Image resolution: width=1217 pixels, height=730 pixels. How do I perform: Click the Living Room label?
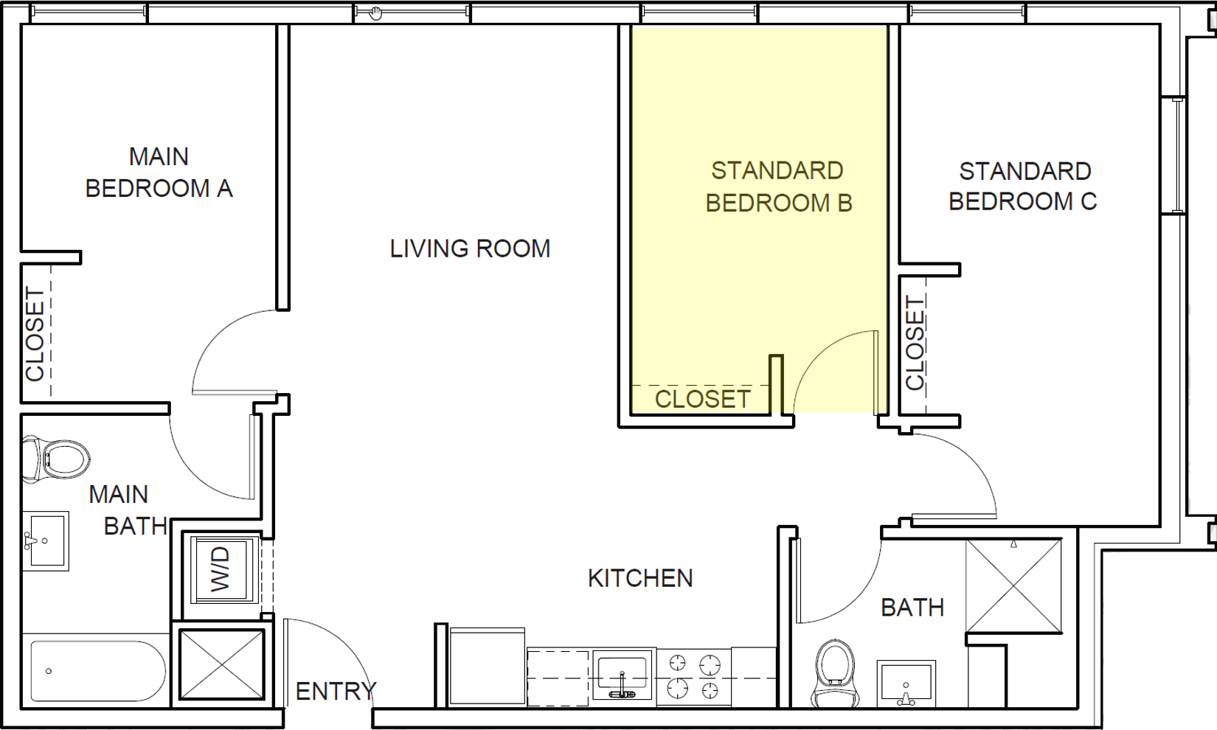(470, 248)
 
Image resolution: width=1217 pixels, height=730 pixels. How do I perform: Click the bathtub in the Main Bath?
(96, 672)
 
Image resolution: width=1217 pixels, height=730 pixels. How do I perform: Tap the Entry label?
(336, 692)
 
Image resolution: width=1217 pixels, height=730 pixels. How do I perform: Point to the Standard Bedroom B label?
(778, 187)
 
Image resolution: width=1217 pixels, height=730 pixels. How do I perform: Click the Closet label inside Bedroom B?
(702, 400)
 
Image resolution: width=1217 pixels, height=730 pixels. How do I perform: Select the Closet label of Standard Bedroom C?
(915, 344)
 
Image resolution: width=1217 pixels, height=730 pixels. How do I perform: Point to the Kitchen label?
(640, 579)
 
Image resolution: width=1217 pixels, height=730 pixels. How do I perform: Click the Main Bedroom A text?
(159, 173)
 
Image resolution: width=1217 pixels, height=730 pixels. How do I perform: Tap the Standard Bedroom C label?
(1023, 187)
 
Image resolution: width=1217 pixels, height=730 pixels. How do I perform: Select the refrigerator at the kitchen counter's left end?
(487, 667)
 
